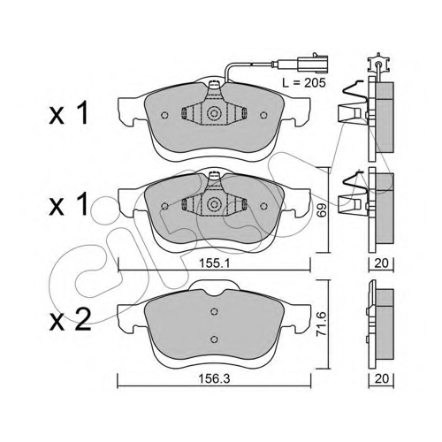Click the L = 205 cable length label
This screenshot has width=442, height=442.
pos(304,83)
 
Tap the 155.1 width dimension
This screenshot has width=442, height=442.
pos(214,263)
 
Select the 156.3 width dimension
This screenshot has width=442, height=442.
pos(214,378)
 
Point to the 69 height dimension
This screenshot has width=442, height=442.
pos(323,210)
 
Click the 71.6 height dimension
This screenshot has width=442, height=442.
pos(322,325)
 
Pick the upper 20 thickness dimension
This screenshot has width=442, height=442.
pos(381,263)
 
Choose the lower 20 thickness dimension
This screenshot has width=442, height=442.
pos(381,378)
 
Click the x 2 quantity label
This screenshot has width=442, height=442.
pos(70,320)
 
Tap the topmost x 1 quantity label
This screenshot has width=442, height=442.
pos(69,113)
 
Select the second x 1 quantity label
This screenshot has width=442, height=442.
pos(69,203)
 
